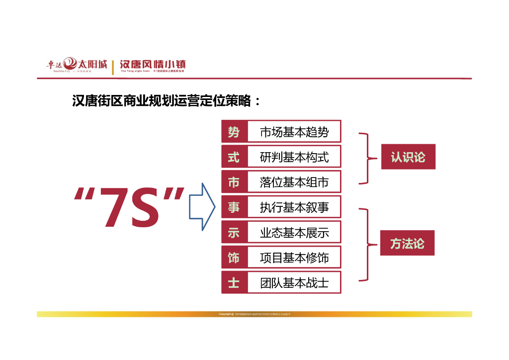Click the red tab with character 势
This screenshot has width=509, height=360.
(234, 132)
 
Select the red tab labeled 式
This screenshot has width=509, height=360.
(234, 157)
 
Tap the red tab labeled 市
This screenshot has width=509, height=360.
(234, 182)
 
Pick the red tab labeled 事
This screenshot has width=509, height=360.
(234, 207)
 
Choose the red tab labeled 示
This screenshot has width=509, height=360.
(234, 232)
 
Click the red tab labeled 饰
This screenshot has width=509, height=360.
(234, 258)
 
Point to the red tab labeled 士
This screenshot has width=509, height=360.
(234, 283)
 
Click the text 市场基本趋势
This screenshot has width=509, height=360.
(294, 132)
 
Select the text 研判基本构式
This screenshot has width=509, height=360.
(294, 157)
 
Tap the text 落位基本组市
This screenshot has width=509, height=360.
(294, 182)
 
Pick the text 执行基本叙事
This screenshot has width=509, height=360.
(294, 207)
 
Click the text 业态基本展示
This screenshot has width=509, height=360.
(294, 232)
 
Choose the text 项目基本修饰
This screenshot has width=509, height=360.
(294, 258)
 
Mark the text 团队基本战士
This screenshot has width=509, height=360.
(294, 283)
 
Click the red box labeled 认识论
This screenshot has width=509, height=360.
(408, 157)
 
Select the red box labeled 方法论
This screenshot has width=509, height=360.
(407, 243)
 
